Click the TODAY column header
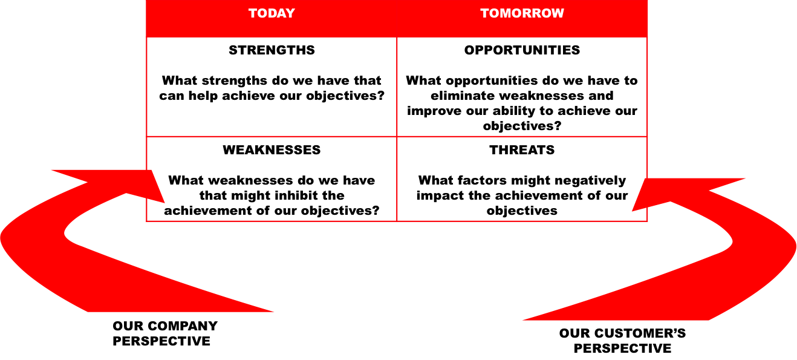pos(272,13)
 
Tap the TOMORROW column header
pos(522,13)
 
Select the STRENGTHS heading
pos(272,50)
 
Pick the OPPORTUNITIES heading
pos(522,50)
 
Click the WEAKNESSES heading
pos(272,150)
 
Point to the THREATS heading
pos(522,150)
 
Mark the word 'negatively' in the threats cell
pos(590,180)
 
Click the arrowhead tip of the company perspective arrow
pos(164,203)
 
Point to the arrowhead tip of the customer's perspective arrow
pos(633,211)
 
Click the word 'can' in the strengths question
pos(172,96)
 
